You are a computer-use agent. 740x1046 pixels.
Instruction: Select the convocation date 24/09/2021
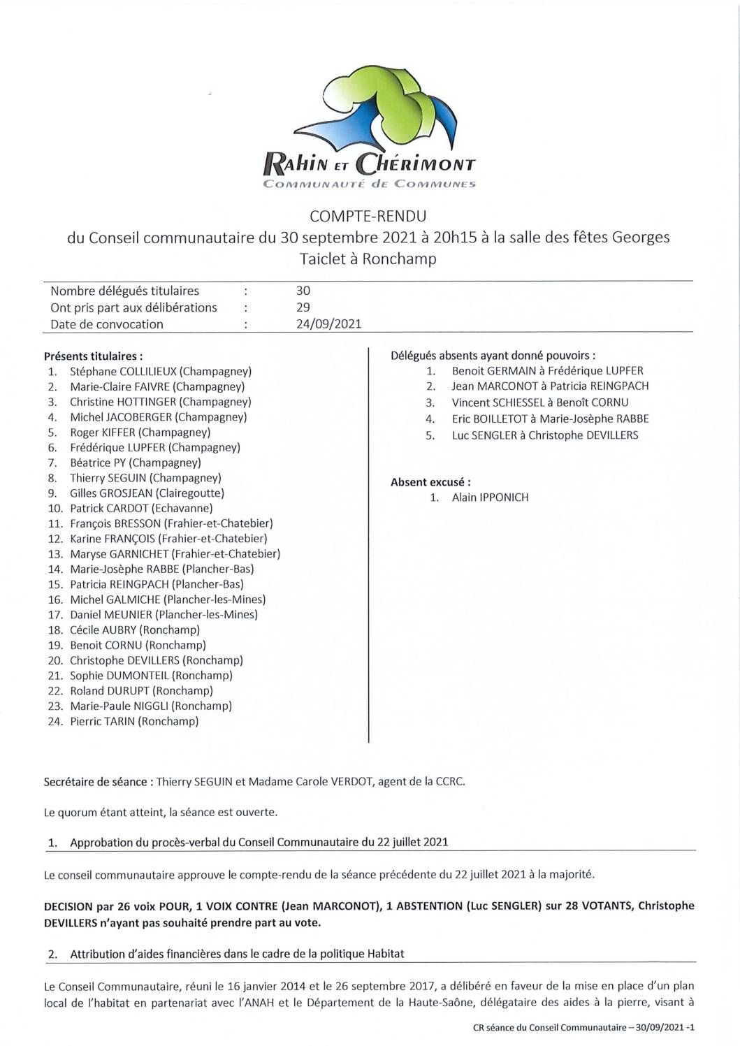pos(329,324)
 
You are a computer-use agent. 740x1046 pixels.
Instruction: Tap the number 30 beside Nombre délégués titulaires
pos(303,291)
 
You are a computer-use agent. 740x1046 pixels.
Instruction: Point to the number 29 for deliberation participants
pos(303,307)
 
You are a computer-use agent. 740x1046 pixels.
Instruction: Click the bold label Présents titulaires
pos(94,356)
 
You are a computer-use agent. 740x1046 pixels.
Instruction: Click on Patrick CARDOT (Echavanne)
pos(141,509)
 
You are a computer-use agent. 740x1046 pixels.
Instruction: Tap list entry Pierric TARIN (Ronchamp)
pos(134,721)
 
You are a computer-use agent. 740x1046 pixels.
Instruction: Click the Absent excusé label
pos(430,482)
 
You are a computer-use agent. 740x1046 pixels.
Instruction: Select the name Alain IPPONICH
pos(490,497)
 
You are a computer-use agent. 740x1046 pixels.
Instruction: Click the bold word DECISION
pos(68,906)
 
